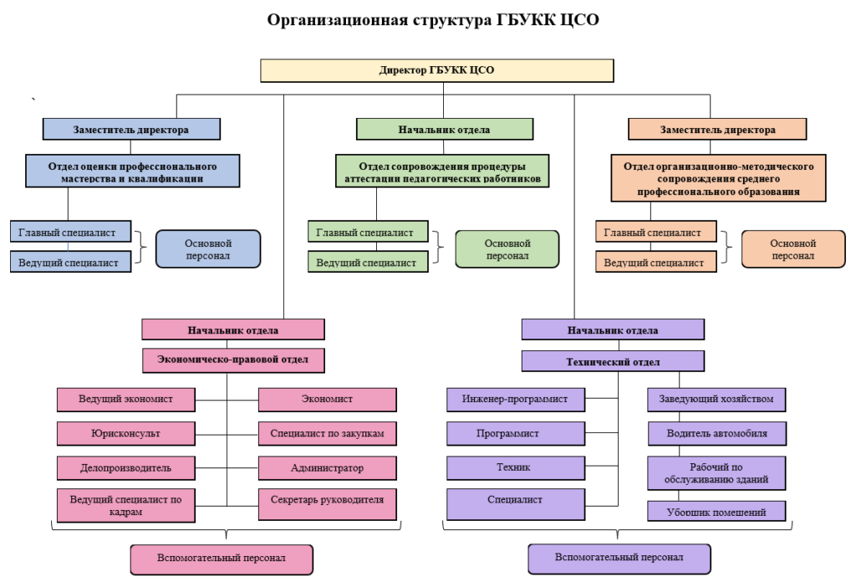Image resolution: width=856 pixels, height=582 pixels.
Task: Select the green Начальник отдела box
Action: [x=444, y=129]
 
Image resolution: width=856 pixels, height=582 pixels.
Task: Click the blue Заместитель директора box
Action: [x=131, y=129]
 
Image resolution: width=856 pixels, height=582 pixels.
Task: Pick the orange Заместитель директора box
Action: [x=717, y=129]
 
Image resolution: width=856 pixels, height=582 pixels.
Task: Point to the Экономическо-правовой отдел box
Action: [x=233, y=360]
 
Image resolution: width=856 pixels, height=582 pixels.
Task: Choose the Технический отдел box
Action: [x=613, y=361]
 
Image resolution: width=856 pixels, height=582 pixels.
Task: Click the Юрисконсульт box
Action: [x=126, y=433]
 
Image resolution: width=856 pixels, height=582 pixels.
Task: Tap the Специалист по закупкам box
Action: [x=327, y=433]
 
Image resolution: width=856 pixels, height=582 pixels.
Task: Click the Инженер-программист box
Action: [x=514, y=399]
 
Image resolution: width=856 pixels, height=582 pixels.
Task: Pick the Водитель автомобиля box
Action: [x=716, y=433]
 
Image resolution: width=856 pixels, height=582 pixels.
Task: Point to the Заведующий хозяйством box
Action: [x=716, y=399]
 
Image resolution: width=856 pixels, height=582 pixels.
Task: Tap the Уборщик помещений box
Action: [x=716, y=511]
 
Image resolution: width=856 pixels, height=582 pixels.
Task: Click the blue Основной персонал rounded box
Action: [x=208, y=248]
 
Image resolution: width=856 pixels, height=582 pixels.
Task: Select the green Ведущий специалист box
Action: [x=367, y=262]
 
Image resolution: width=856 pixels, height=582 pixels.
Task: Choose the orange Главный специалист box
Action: [x=655, y=232]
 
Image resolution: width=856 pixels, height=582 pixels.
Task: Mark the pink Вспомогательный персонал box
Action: [x=222, y=558]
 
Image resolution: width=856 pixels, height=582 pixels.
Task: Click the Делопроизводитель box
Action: [x=126, y=467]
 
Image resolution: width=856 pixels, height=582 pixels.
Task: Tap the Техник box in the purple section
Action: [x=514, y=467]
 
